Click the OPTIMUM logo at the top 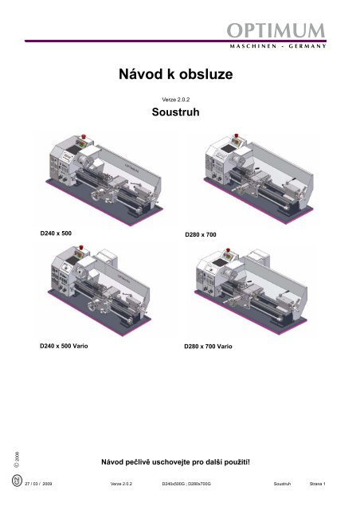(x=276, y=30)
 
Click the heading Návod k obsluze (x=175, y=74)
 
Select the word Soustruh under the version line (x=175, y=112)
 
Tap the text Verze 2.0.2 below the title (x=175, y=100)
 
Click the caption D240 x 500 (x=56, y=233)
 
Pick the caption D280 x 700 (x=201, y=234)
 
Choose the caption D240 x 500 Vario (x=64, y=346)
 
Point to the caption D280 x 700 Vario (x=208, y=347)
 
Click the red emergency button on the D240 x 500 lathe (x=83, y=136)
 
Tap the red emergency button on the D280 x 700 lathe (x=236, y=135)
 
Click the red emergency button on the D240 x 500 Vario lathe (x=81, y=248)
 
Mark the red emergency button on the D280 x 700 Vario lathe (x=228, y=250)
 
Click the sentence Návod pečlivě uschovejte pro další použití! (x=175, y=462)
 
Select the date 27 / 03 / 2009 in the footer (x=38, y=484)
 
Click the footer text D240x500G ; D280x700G (x=186, y=484)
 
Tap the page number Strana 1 (x=318, y=484)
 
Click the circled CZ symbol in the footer (x=17, y=481)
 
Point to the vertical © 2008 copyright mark (x=17, y=459)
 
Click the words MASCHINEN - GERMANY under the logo (x=278, y=46)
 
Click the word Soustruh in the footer (x=282, y=484)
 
